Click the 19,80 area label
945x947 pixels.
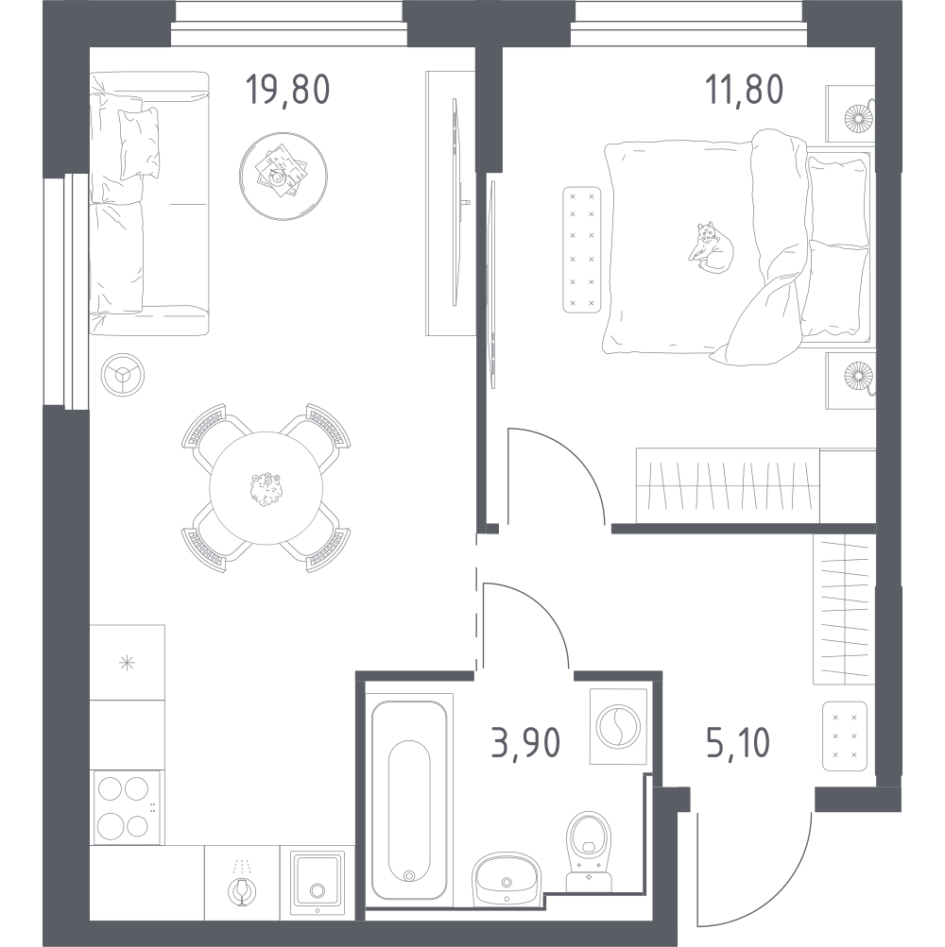pos(287,90)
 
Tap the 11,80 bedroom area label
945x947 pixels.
pos(744,90)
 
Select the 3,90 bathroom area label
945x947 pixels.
pos(525,743)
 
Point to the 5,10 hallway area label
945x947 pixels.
pos(738,743)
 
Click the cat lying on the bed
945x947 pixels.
pos(711,247)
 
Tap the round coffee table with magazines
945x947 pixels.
pos(283,177)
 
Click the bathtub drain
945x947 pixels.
pos(409,876)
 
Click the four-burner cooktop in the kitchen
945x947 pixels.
pos(126,807)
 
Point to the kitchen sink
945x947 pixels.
pos(317,884)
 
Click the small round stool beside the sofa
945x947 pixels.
pos(123,375)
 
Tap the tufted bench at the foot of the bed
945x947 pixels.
pos(581,249)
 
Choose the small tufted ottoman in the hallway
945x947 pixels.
pos(845,736)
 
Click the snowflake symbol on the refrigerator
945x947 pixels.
pos(127,663)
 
